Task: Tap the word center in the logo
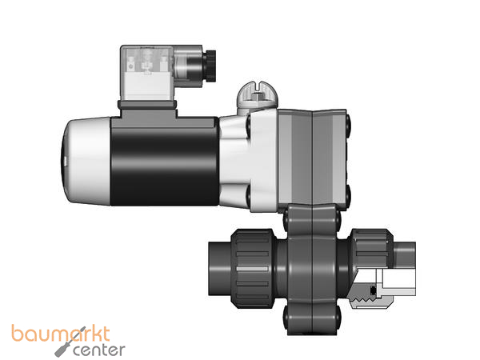[x=102, y=350]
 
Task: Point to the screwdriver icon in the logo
[x=63, y=349]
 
